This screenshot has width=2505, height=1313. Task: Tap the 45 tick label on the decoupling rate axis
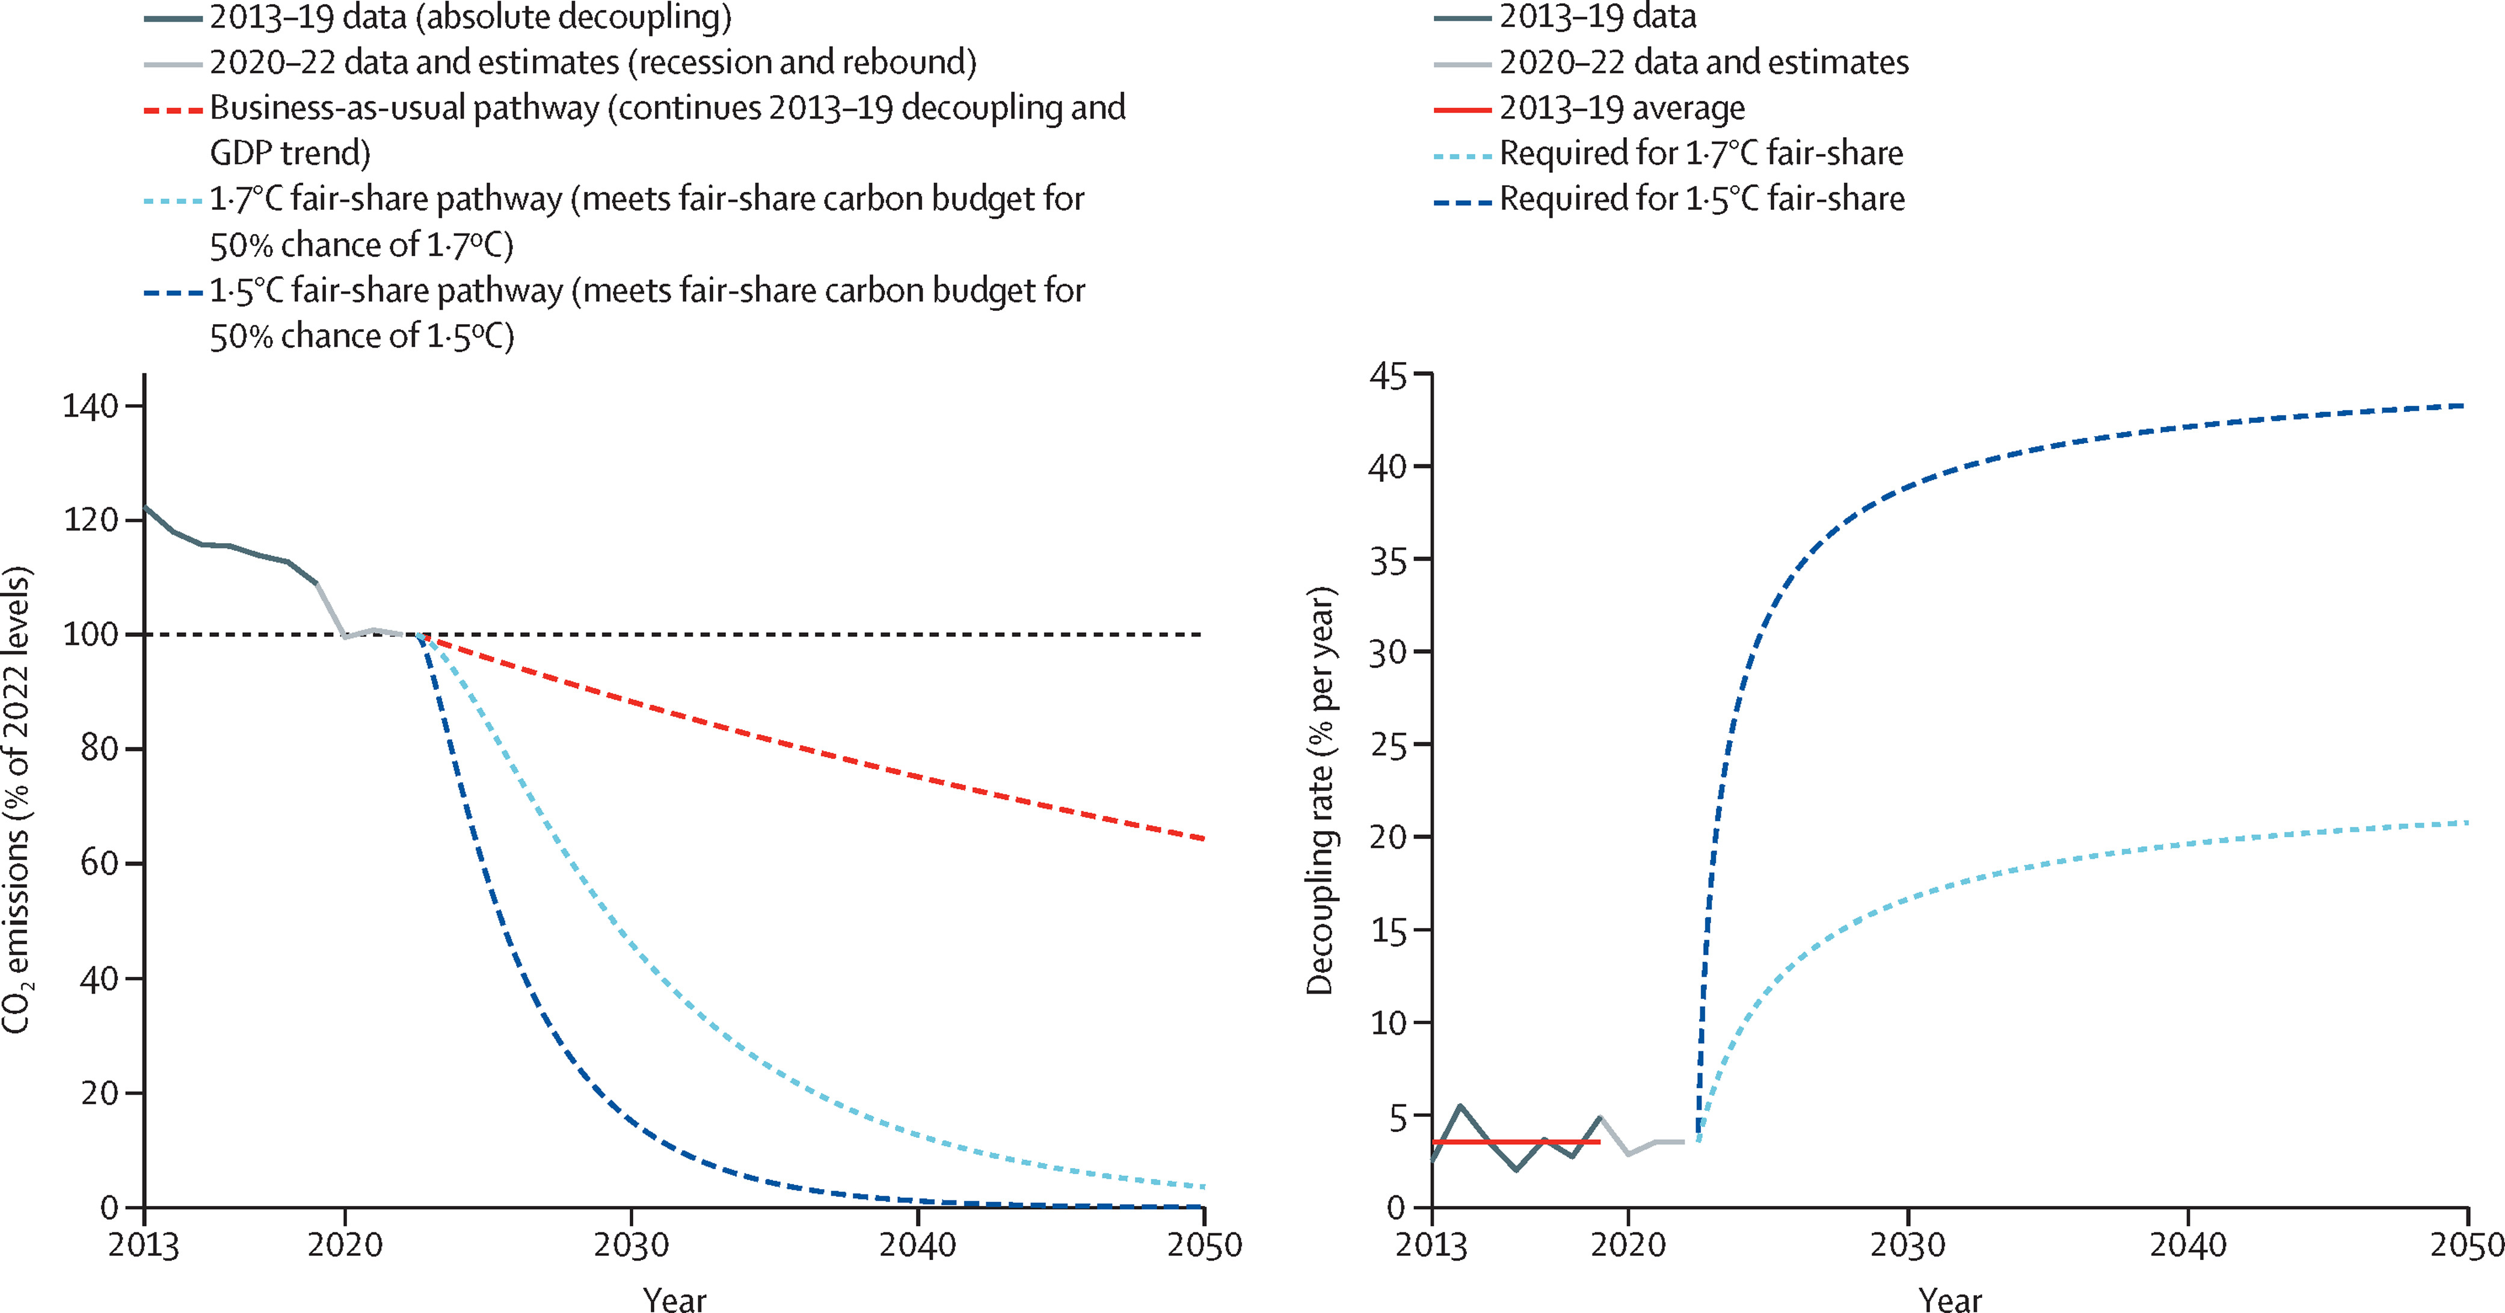tap(1388, 375)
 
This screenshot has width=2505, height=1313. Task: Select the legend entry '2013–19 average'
tap(1622, 108)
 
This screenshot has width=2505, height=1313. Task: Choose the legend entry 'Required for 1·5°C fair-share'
tap(1701, 198)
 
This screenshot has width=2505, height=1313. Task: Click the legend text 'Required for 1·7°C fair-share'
tap(1701, 153)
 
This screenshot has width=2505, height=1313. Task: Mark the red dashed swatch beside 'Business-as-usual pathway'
tap(173, 110)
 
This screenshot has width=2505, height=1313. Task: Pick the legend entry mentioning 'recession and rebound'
tap(593, 62)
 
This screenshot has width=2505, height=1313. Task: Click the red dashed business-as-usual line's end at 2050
tap(1203, 838)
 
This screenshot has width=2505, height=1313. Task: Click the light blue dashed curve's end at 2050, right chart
tap(2466, 823)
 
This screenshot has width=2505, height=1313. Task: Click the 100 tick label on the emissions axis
tap(90, 634)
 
